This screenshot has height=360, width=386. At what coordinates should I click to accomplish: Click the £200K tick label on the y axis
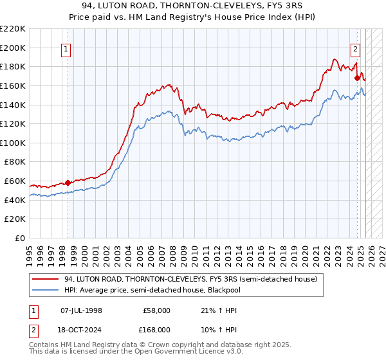coord(13,48)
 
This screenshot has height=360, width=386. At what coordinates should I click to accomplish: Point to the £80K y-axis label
coord(15,162)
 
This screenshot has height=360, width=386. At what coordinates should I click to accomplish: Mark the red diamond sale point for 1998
coord(68,183)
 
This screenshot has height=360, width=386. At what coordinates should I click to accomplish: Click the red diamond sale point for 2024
coord(357,78)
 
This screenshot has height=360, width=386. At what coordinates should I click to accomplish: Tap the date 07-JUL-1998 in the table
coord(81,310)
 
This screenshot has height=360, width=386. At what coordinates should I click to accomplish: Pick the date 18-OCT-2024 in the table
coord(81,330)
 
